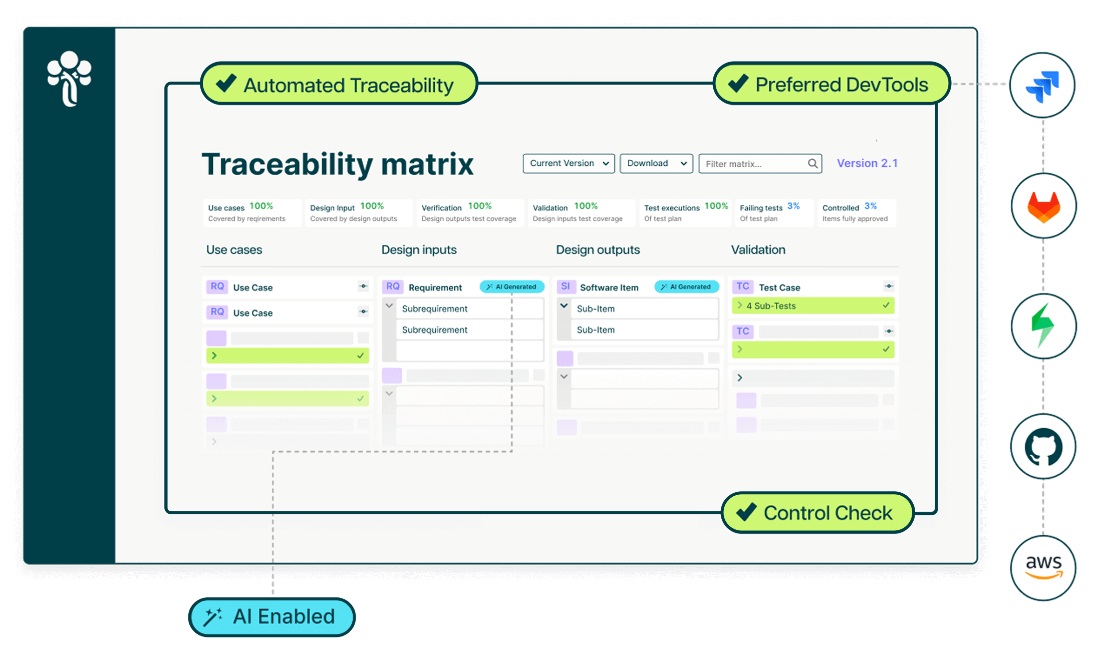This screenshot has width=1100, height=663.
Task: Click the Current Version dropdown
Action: [569, 164]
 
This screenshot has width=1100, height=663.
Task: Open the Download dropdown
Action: [656, 164]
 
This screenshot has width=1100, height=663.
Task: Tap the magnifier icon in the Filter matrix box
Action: [812, 164]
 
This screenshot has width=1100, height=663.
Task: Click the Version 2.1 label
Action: [867, 163]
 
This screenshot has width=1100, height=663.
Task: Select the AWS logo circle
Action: [1043, 568]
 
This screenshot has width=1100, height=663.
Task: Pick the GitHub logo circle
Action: [1043, 447]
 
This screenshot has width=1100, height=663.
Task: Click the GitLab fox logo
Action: [1043, 206]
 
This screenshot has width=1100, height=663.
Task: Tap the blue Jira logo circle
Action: [1042, 85]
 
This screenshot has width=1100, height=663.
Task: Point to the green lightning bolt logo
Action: [1043, 326]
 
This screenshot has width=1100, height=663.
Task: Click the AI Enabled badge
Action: [272, 617]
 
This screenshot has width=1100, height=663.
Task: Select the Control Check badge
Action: [817, 513]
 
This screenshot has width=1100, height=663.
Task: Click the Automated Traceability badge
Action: [339, 84]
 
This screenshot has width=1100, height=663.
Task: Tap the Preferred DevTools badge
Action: [832, 84]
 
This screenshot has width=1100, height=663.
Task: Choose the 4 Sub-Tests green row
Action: [812, 305]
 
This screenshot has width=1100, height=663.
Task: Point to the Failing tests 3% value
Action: [793, 206]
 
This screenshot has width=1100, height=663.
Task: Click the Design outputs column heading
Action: [598, 250]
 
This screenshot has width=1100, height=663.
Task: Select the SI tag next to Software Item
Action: [566, 286]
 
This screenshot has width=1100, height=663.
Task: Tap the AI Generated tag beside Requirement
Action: [511, 287]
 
